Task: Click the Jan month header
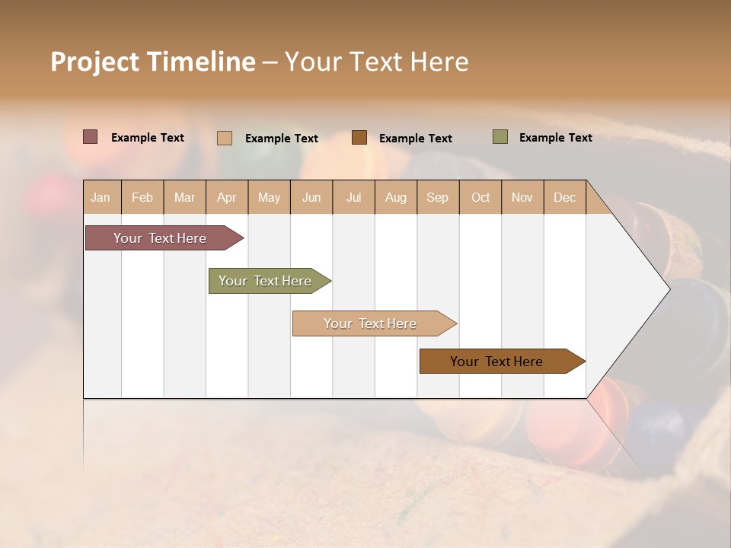click(x=101, y=197)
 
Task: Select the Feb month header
click(x=142, y=197)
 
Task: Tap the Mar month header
click(x=184, y=197)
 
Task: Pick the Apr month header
click(x=227, y=197)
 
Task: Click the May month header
click(x=269, y=197)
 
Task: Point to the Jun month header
click(x=311, y=197)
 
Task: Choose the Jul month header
click(x=353, y=197)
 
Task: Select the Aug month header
click(x=396, y=197)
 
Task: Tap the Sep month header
click(x=438, y=197)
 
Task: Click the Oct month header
click(x=480, y=197)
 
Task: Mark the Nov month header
click(x=522, y=197)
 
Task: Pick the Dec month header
click(x=565, y=197)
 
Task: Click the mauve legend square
click(x=91, y=137)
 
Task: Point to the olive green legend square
click(x=500, y=137)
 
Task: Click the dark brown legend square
click(x=359, y=138)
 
